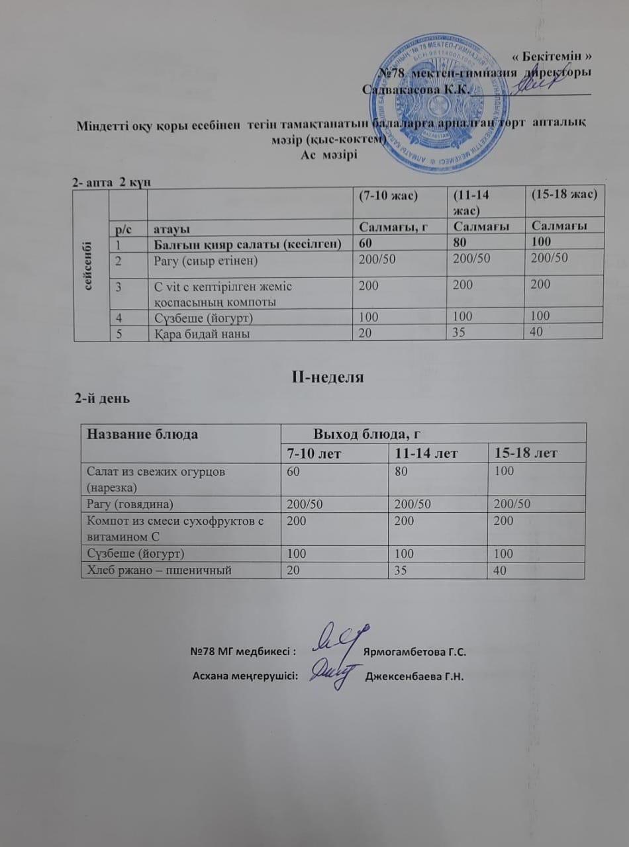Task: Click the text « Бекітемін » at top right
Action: (x=552, y=57)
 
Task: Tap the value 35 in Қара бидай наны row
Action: (x=458, y=333)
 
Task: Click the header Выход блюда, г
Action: (x=367, y=434)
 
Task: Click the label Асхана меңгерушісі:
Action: (x=244, y=676)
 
